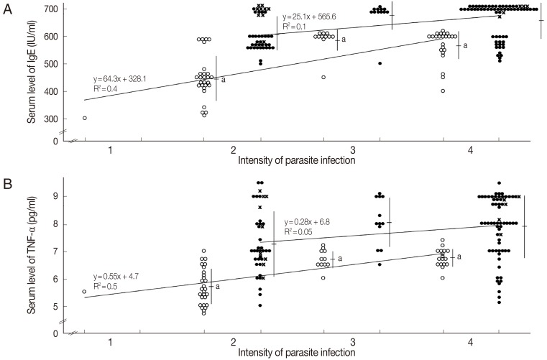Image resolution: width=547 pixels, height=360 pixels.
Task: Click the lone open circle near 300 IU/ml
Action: click(85, 118)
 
